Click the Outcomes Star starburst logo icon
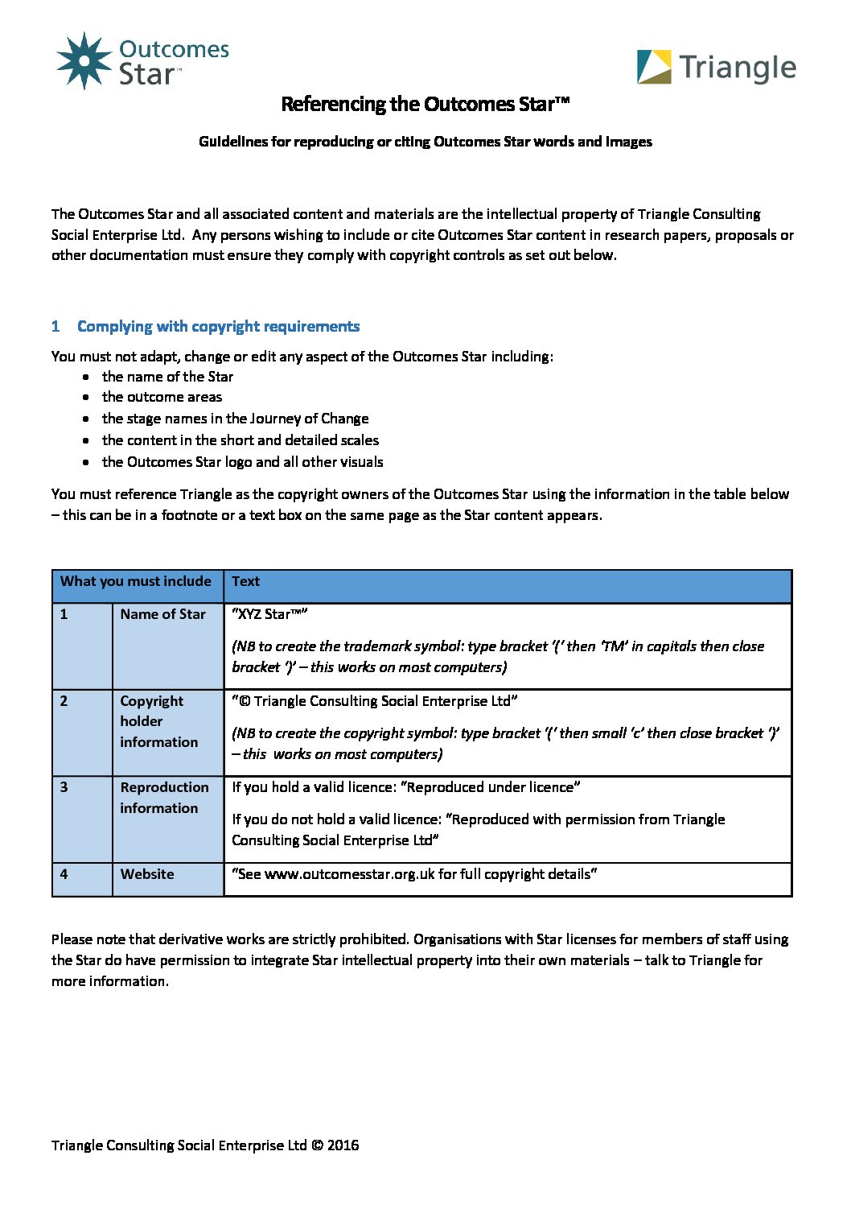click(x=84, y=60)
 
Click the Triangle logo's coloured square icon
click(x=654, y=68)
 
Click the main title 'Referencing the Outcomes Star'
click(x=425, y=104)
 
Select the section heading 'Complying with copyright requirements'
click(x=218, y=326)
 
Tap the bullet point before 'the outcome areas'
click(x=86, y=398)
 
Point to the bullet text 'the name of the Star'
click(x=167, y=377)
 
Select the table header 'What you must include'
click(x=136, y=581)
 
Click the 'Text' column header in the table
click(x=245, y=581)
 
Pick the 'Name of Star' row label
click(x=162, y=614)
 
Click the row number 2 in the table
click(x=64, y=701)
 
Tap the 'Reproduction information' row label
click(x=164, y=798)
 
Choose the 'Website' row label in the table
click(x=147, y=874)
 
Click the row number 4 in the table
click(x=64, y=874)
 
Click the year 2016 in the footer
click(x=343, y=1145)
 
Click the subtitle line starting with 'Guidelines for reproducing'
click(x=425, y=142)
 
